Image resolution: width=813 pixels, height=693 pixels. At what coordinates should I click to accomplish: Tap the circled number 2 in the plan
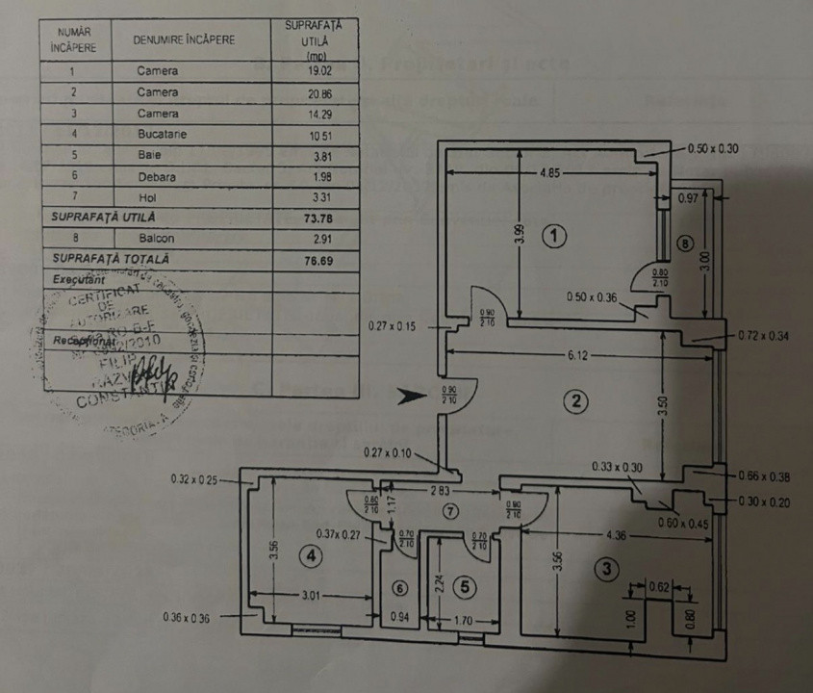coord(574,401)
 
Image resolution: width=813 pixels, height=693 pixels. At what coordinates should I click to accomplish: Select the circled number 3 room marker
coord(604,569)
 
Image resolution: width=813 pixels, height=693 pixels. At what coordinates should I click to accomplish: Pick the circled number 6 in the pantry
coord(400,588)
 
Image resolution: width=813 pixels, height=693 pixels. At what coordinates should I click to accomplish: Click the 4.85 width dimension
coord(546,174)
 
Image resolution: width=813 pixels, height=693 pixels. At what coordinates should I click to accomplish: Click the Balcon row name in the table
coord(157,238)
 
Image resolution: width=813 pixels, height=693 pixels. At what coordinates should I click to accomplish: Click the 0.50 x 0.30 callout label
coord(713,149)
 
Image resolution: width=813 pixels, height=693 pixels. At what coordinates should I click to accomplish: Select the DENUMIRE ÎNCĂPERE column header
coord(186,40)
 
